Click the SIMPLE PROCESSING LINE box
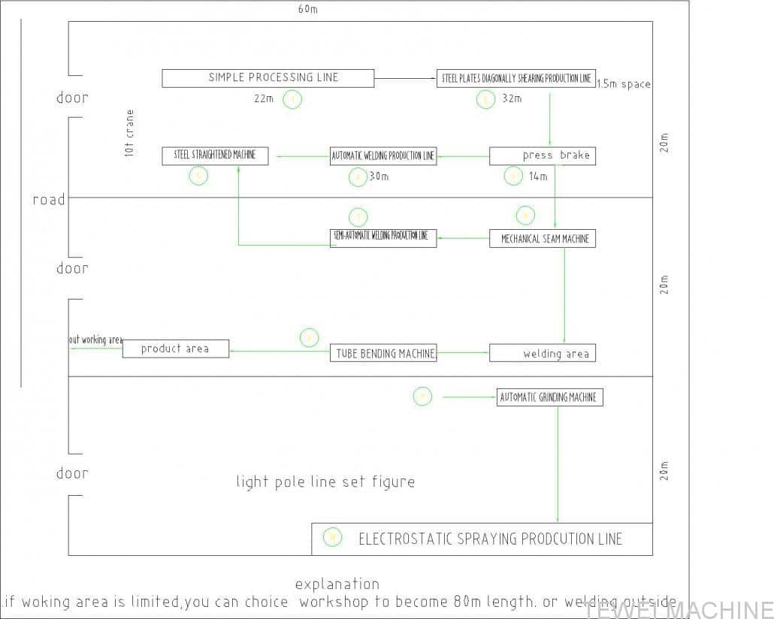(x=268, y=78)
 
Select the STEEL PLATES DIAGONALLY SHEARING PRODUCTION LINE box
(x=515, y=78)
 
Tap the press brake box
(x=543, y=156)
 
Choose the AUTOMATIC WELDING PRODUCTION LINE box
(x=383, y=156)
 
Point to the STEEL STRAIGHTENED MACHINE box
(x=215, y=156)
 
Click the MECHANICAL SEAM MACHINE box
(x=543, y=239)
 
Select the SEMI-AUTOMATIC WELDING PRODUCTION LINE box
(x=383, y=237)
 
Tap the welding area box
(x=543, y=353)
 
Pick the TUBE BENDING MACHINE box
(x=383, y=353)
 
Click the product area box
(x=176, y=349)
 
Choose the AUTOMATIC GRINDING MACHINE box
(x=550, y=397)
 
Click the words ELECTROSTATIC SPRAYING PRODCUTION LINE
(x=491, y=539)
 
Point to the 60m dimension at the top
(x=307, y=9)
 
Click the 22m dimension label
(x=264, y=99)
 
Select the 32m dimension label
(x=512, y=99)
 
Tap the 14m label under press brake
(x=538, y=177)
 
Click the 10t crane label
(x=130, y=133)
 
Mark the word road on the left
(x=49, y=200)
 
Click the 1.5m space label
(x=624, y=84)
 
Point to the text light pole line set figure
(x=325, y=482)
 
